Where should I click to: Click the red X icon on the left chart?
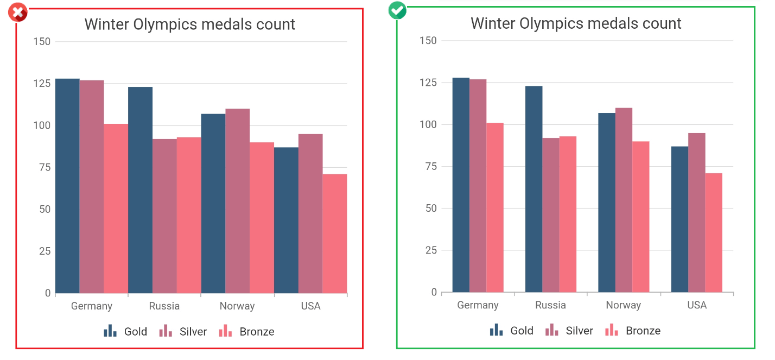tap(18, 12)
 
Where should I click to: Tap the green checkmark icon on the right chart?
tap(397, 10)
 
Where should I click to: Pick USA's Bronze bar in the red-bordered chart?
tap(335, 233)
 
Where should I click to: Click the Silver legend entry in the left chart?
tap(183, 332)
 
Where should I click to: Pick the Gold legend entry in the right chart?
tap(512, 331)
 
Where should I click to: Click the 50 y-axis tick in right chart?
tap(430, 209)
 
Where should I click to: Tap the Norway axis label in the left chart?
tap(237, 306)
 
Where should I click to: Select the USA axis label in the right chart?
tap(697, 305)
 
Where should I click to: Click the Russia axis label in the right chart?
tap(550, 305)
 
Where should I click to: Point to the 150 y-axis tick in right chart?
tap(428, 41)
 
